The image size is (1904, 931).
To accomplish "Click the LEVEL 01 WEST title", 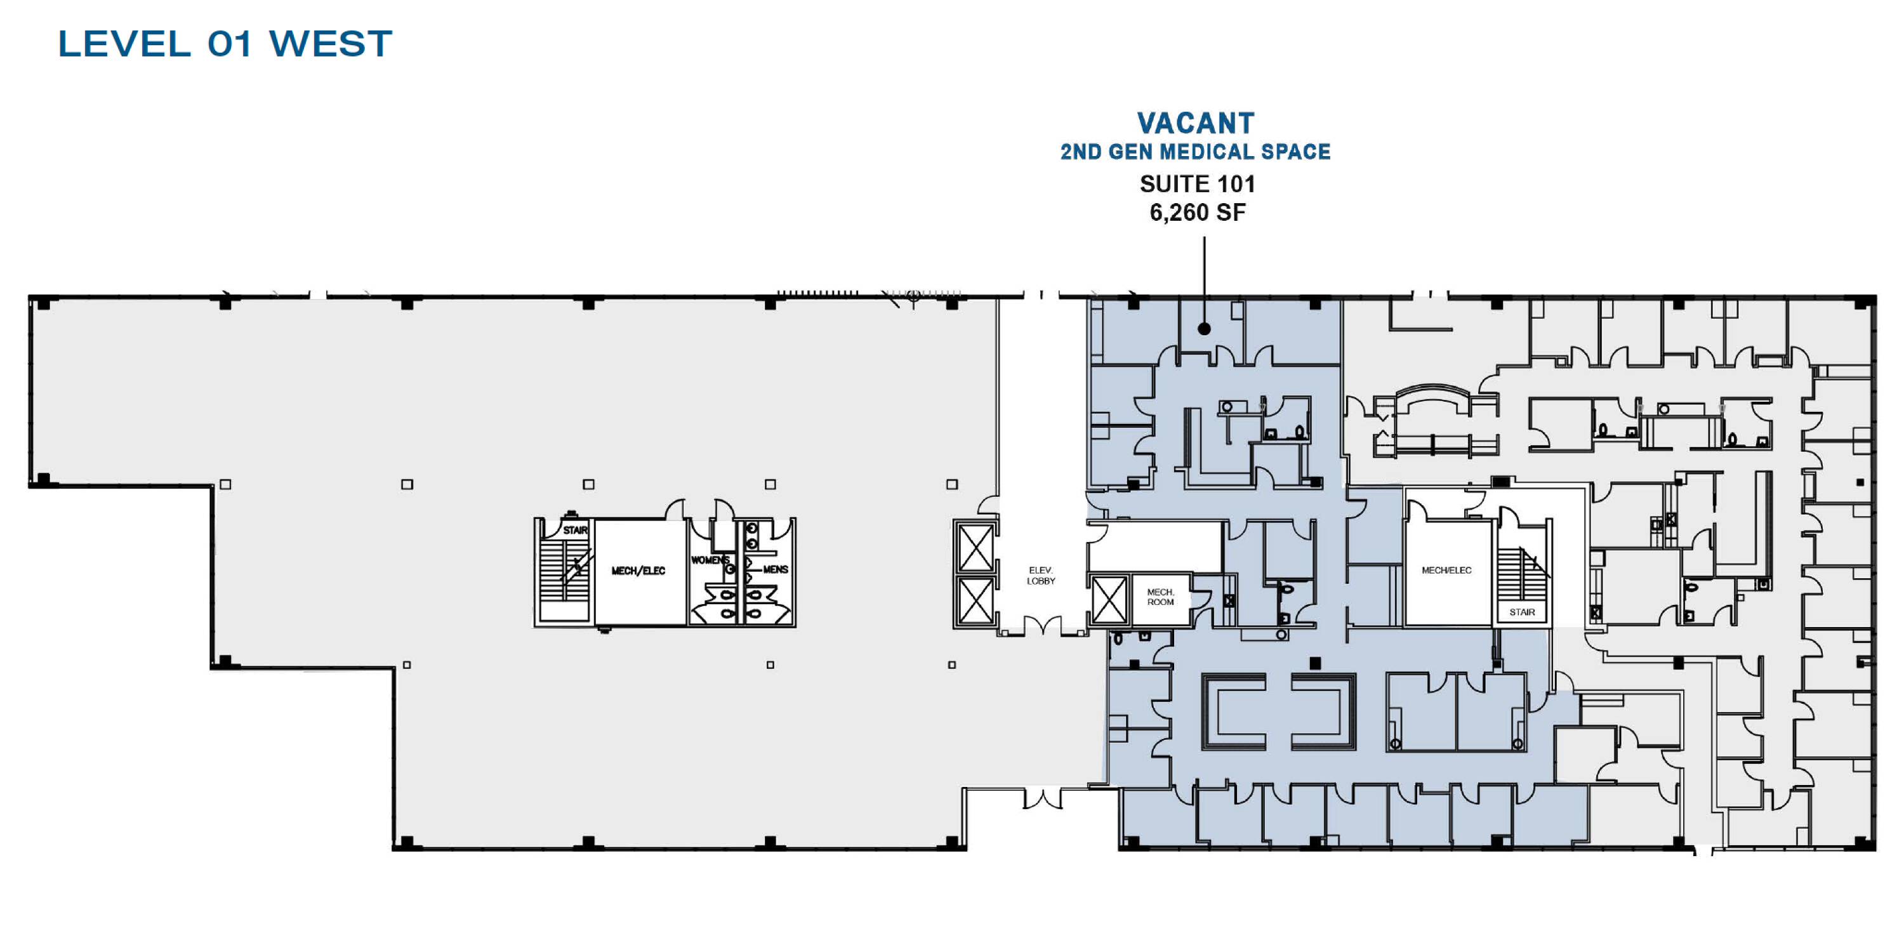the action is point(225,44).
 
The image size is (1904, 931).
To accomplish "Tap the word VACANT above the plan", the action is point(1195,122).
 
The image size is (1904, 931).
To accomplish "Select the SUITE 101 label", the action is point(1196,183).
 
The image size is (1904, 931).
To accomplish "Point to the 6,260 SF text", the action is point(1196,213).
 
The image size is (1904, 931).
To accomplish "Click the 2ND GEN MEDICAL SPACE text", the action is point(1195,152).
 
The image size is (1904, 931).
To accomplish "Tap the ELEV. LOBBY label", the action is point(1041,576).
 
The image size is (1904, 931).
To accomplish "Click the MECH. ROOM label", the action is point(1160,597).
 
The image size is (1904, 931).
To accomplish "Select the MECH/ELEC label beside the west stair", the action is point(638,571).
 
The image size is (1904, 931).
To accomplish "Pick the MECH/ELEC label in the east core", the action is point(1446,571).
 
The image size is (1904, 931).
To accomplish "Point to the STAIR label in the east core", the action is point(1521,612).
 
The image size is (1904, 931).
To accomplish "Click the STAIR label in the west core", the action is point(575,531).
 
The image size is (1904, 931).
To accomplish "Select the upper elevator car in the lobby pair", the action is point(975,548).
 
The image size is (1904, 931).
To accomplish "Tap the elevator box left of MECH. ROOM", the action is point(1109,600).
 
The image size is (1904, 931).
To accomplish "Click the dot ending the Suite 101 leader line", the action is point(1204,329).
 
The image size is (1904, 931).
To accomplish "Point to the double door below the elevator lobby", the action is point(1042,626).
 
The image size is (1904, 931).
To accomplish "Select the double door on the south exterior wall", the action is point(1042,799).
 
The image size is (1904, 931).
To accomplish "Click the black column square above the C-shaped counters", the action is point(1314,664).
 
